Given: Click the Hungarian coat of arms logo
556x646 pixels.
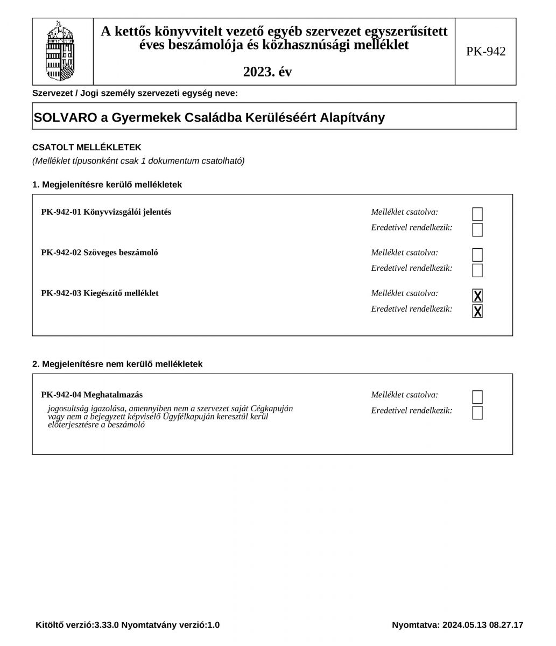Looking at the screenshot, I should coord(60,52).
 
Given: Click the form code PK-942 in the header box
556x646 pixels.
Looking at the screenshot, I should coord(485,52).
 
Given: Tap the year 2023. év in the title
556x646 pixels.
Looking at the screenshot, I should coord(268,72).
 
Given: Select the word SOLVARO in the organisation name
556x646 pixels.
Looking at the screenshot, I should coord(65,117).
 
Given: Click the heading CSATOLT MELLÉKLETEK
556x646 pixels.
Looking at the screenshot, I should coord(87,148).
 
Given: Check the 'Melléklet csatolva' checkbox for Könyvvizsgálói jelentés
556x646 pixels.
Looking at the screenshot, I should coord(477,214).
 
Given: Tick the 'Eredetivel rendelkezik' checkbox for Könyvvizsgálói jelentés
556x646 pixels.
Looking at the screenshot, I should coord(477,230).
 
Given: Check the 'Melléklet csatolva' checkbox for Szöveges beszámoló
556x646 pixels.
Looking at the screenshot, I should coord(477,255).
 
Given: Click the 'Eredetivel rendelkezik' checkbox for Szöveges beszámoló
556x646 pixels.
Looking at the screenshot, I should coord(477,270).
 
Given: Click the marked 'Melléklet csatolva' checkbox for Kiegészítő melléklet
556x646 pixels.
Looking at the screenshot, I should coord(477,296).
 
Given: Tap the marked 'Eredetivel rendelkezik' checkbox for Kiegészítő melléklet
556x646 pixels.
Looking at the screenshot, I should coord(477,311).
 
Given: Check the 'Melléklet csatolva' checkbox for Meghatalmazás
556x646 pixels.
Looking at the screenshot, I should coord(477,397).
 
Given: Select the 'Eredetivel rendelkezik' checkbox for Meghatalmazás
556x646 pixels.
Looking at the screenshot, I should coord(477,413).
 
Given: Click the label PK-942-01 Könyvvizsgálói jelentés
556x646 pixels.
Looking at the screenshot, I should coord(106,212).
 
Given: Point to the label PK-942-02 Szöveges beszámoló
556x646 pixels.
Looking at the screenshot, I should coord(100,252).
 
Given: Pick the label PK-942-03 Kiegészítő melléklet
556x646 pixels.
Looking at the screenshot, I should coord(100,293).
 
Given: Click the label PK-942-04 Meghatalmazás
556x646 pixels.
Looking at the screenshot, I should coord(92,395).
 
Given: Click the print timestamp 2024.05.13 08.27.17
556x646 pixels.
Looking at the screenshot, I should coord(483,625).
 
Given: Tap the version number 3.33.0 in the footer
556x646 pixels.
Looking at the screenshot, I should coord(107,625).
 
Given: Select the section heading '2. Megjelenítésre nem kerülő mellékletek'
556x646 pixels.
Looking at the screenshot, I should coord(117,364).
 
